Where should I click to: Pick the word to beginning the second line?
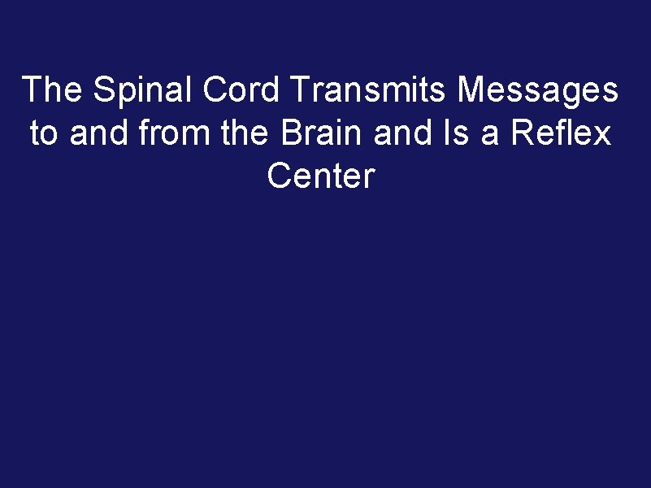coord(44,133)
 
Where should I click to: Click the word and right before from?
coord(101,133)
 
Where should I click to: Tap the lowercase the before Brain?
coord(248,133)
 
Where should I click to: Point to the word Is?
coord(457,133)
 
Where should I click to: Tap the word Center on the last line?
coord(321,176)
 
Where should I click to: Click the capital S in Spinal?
coord(102,90)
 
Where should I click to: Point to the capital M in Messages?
coord(471,90)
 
